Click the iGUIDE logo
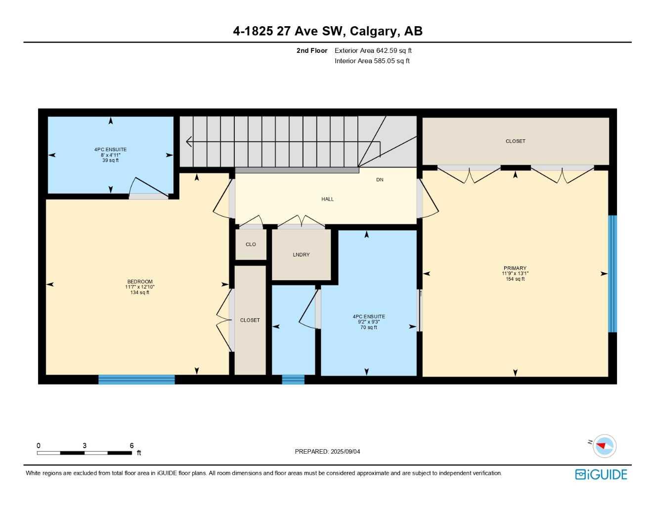(601, 474)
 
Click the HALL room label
(327, 199)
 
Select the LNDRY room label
(301, 255)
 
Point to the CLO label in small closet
(251, 245)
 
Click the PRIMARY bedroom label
(515, 268)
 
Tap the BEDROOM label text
(140, 282)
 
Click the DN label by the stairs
(380, 180)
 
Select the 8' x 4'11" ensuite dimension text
(111, 155)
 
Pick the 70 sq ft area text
(369, 328)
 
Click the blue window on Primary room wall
(612, 274)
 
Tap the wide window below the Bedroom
(136, 379)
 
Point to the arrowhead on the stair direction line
(189, 142)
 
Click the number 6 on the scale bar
(131, 446)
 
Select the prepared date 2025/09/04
(346, 452)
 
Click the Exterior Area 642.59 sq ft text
(373, 50)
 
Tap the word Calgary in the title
(373, 31)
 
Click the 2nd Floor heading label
(312, 50)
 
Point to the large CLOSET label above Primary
(515, 141)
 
